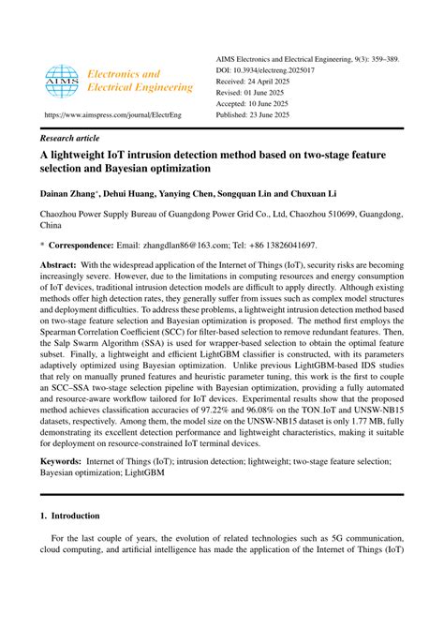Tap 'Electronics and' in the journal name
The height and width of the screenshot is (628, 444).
pos(126,73)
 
